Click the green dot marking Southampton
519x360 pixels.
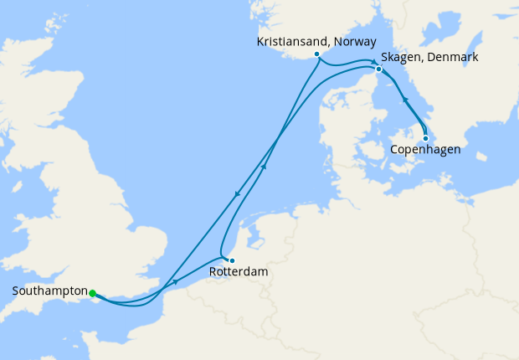(93, 293)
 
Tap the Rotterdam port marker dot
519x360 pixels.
(232, 260)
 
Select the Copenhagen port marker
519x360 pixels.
(425, 138)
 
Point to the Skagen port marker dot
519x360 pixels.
(378, 69)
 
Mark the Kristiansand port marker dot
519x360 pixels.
(316, 54)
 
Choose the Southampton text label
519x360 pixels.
(49, 291)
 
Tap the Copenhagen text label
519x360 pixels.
(425, 151)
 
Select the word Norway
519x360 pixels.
(353, 41)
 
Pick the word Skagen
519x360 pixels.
(401, 57)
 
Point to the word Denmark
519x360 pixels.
(452, 57)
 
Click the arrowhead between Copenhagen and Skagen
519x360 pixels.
(405, 100)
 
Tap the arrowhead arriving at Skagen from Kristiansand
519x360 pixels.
(373, 62)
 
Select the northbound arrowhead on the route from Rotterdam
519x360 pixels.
(264, 166)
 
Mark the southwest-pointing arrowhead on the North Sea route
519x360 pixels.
(237, 195)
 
